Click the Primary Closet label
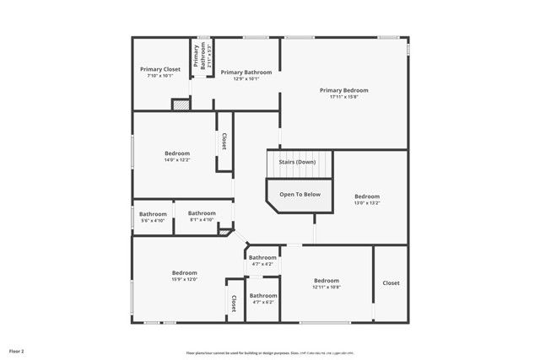159,69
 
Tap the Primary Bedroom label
344,89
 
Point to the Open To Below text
300,195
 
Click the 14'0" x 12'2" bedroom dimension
177,159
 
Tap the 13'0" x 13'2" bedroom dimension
367,202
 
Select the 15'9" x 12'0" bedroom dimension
184,279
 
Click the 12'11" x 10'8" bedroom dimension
327,287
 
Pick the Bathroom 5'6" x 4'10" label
153,220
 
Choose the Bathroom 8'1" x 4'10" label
202,220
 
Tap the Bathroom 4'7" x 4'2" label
262,264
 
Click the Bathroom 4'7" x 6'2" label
262,302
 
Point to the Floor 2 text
17,350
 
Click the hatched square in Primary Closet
179,105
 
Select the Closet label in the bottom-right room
391,283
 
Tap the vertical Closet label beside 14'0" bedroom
224,142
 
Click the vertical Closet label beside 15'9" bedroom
234,303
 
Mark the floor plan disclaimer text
270,352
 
